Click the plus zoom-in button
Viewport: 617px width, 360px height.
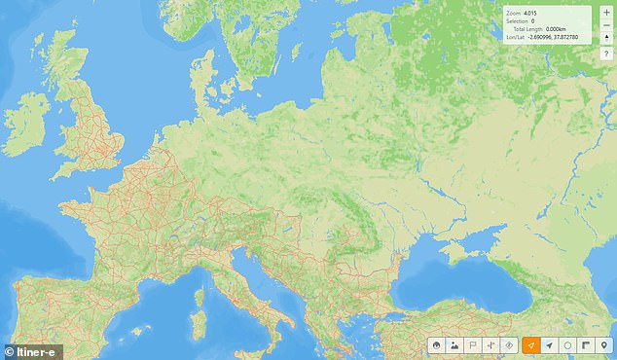[606, 13]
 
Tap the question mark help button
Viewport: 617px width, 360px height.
[606, 54]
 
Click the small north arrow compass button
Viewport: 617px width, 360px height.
[606, 38]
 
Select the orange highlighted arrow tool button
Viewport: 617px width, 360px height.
[530, 345]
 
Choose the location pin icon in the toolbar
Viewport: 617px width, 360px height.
[604, 345]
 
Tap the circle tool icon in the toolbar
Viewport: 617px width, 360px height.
[567, 345]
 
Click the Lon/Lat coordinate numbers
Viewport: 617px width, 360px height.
[559, 38]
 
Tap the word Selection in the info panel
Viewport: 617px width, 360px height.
[518, 20]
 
